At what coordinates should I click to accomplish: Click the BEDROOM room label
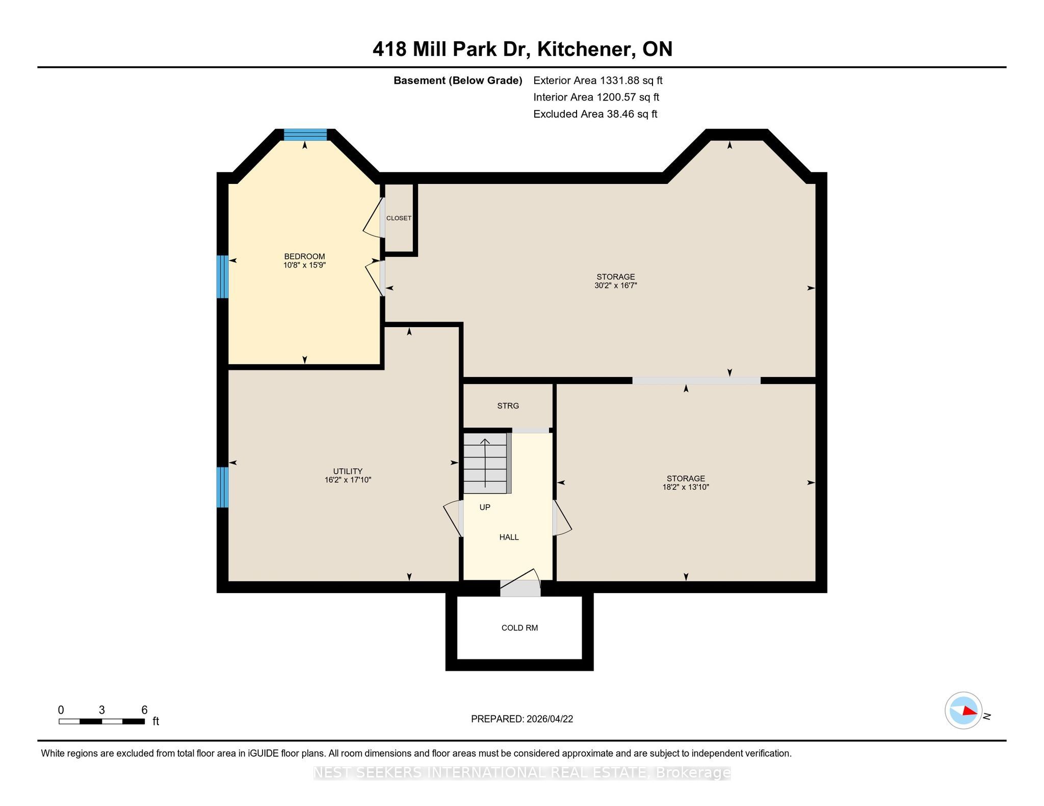[x=304, y=256]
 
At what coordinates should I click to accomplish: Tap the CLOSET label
[x=399, y=218]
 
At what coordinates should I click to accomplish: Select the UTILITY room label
[x=348, y=471]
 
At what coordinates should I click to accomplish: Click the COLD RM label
[x=519, y=628]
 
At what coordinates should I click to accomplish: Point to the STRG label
[x=508, y=406]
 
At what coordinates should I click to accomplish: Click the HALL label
[x=509, y=537]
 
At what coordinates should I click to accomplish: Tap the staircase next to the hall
[x=487, y=463]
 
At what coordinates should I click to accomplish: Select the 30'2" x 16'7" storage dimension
[x=616, y=286]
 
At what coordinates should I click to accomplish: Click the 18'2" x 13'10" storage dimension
[x=686, y=487]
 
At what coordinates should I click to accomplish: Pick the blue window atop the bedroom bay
[x=305, y=135]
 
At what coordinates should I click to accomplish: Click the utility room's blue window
[x=222, y=487]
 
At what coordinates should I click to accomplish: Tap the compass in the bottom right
[x=963, y=711]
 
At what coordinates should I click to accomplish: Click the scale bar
[x=101, y=721]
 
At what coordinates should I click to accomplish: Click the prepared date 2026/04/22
[x=550, y=719]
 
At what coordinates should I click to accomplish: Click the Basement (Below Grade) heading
[x=458, y=80]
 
